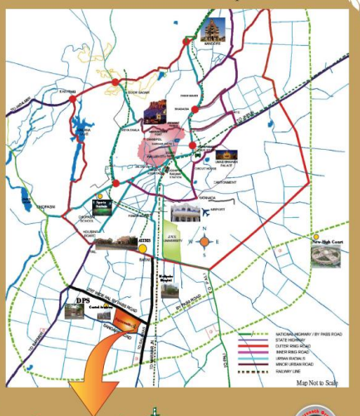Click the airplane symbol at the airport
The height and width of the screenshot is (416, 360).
click(x=204, y=212)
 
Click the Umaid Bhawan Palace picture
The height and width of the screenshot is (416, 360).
click(x=225, y=154)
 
